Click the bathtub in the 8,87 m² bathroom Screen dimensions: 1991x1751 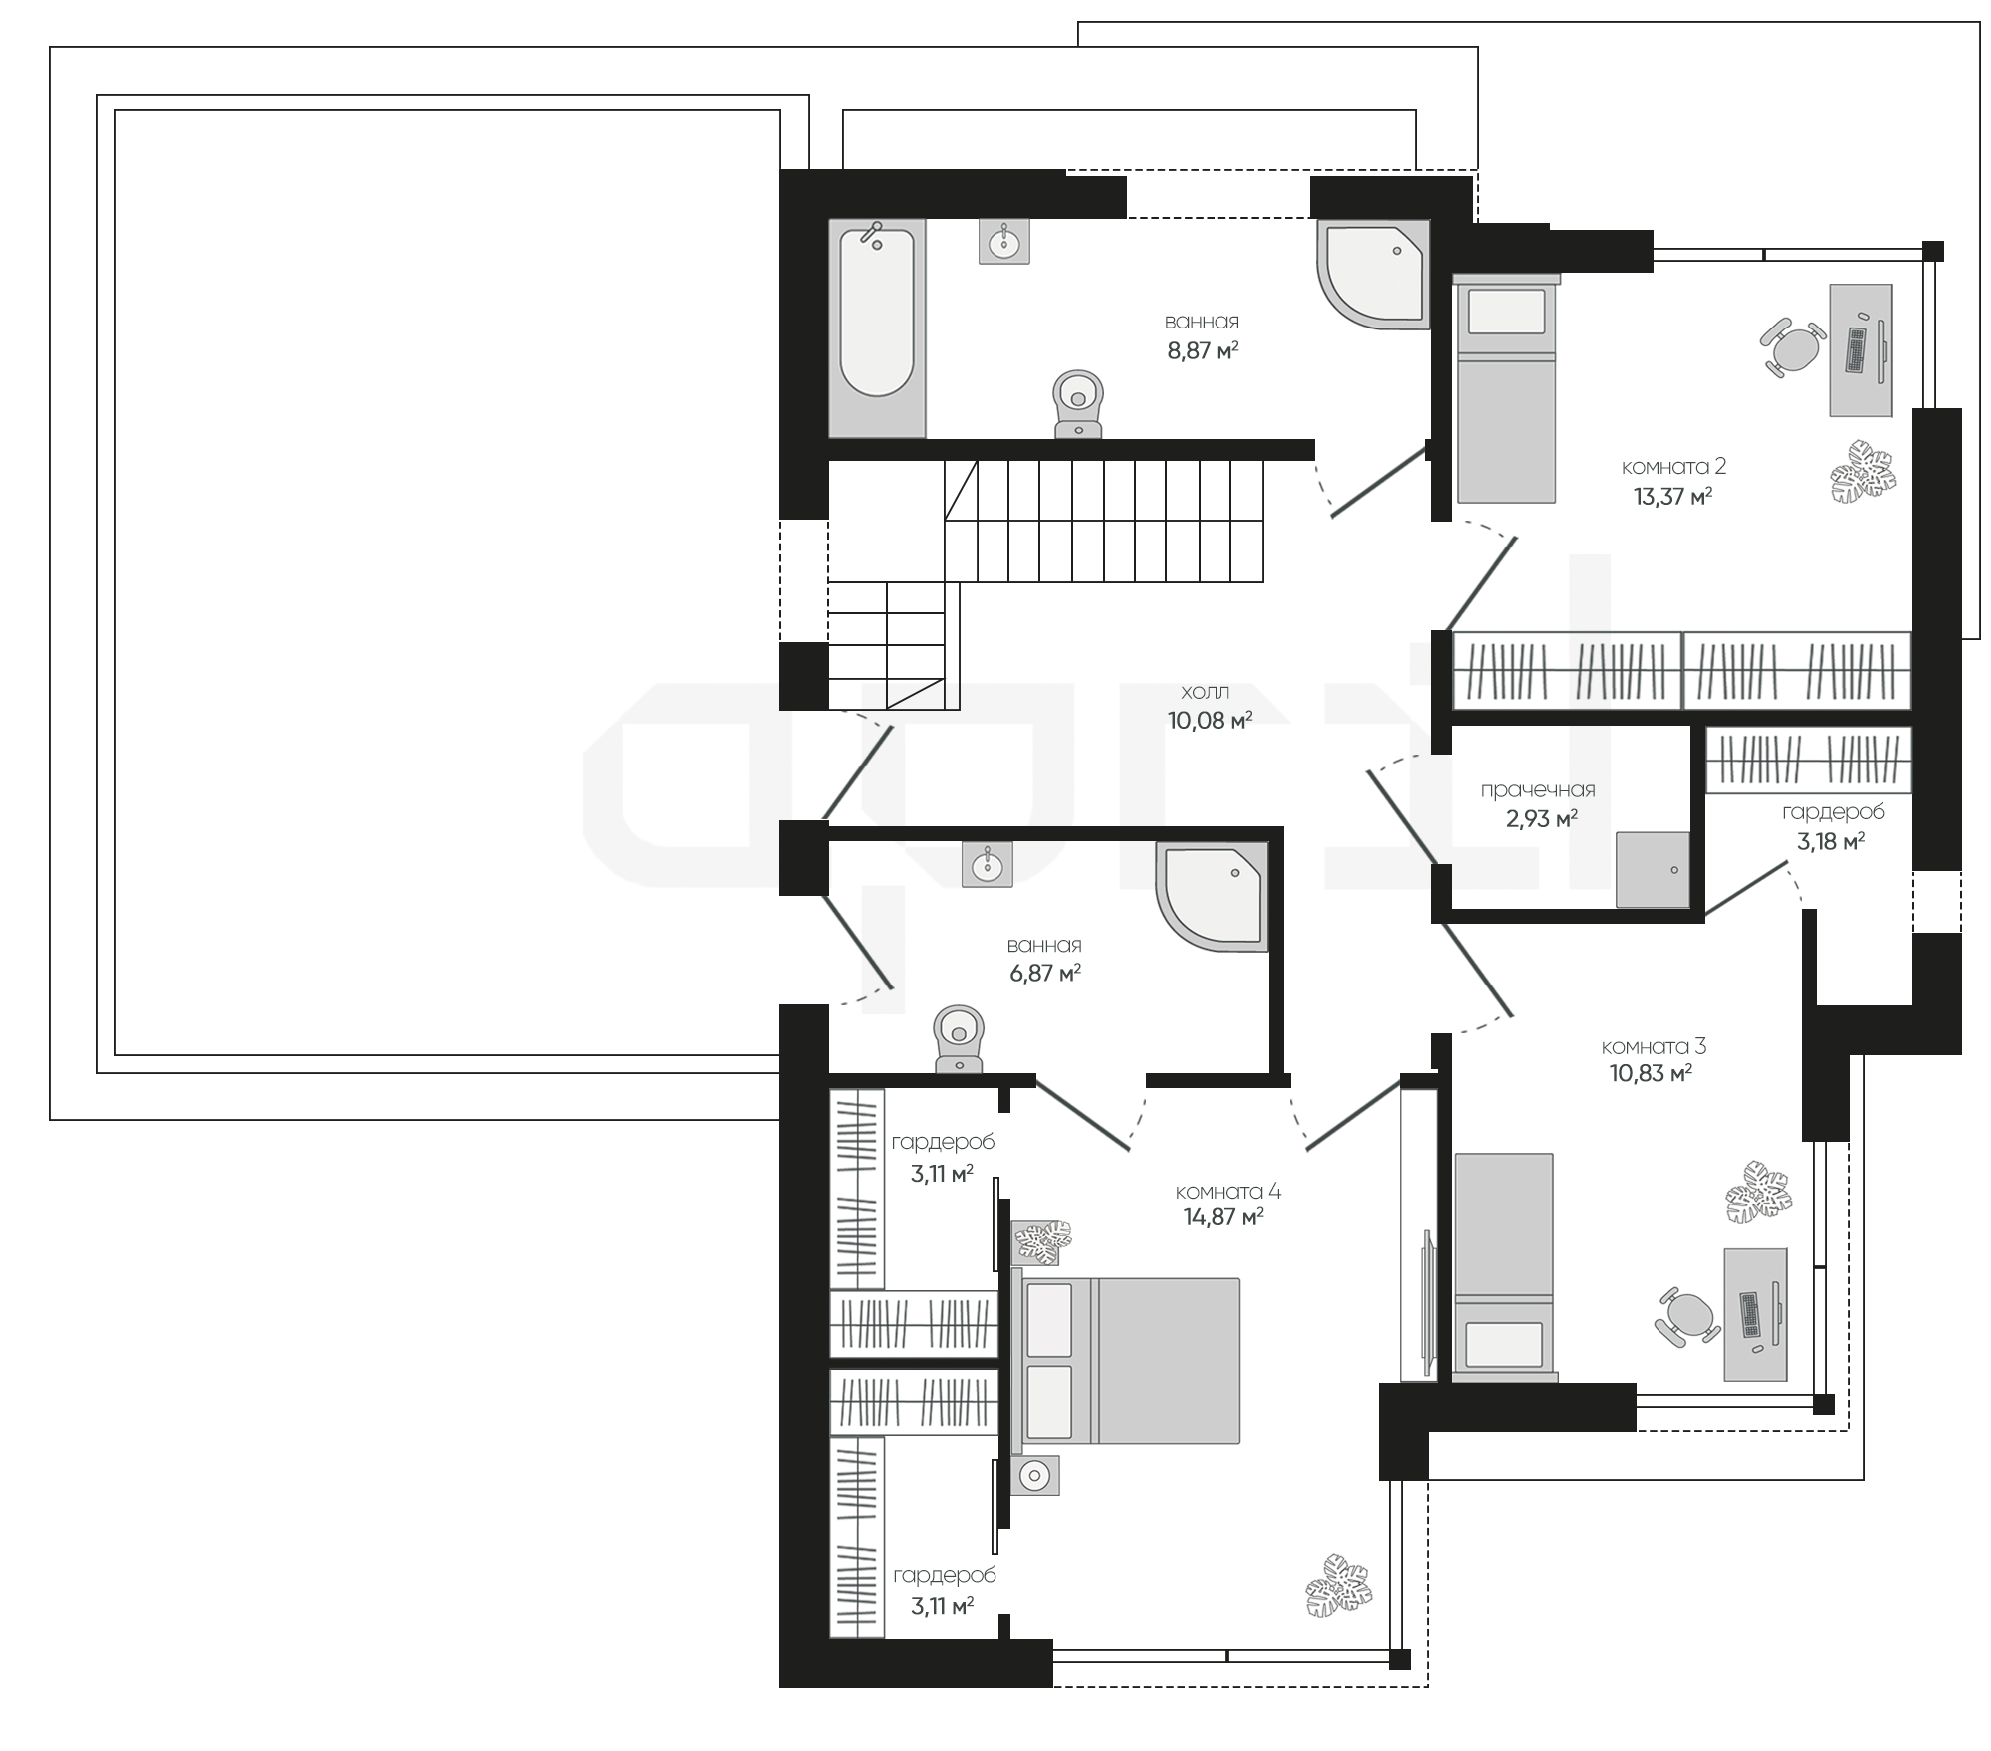point(877,328)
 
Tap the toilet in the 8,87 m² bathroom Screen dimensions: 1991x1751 point(1078,405)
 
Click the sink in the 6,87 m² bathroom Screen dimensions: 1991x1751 point(987,864)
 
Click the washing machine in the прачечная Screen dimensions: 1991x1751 point(1653,869)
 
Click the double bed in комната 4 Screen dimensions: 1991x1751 point(1126,1360)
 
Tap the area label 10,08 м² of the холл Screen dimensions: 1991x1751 point(1210,720)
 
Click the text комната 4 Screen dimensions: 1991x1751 point(1227,1192)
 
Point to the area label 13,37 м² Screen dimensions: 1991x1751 point(1672,496)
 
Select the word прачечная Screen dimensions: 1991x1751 point(1538,790)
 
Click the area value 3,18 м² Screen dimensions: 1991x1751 point(1830,841)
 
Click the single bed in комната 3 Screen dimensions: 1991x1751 point(1504,1266)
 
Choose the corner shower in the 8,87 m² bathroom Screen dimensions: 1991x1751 point(1373,274)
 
